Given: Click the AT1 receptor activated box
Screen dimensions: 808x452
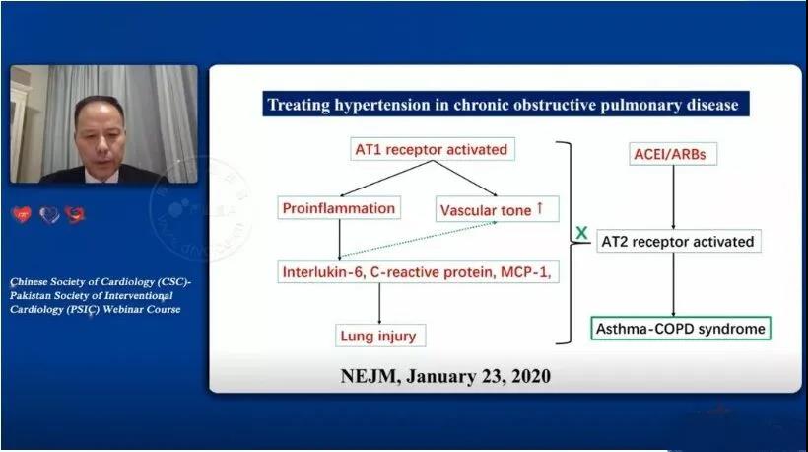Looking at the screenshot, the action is tap(433, 149).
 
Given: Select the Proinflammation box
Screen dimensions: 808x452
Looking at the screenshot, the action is tap(339, 208).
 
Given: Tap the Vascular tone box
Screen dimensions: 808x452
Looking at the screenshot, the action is tap(498, 209).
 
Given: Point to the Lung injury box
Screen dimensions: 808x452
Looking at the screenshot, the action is tap(380, 336).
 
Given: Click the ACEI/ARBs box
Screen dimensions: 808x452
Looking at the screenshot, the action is tap(673, 154).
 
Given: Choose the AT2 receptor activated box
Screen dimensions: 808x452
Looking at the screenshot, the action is tap(679, 241).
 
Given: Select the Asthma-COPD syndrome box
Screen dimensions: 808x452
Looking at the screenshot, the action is tap(681, 329).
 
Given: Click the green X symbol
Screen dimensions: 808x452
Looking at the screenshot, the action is tap(581, 233).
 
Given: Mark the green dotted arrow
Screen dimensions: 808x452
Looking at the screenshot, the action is tap(418, 240).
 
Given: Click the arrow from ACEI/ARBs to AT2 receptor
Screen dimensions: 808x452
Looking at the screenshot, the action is tap(673, 197).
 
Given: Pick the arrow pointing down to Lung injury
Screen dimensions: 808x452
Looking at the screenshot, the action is tap(379, 303).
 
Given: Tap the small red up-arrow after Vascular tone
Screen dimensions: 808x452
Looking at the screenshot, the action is tap(540, 207).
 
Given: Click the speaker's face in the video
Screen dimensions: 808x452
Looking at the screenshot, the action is tap(100, 139).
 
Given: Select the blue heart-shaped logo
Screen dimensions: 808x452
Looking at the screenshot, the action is tap(49, 214).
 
